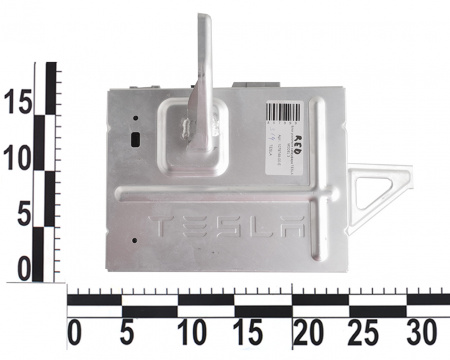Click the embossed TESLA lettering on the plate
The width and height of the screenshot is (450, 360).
click(x=224, y=226)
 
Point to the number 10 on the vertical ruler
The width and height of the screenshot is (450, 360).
click(x=18, y=156)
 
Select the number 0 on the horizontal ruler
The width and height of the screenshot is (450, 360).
click(x=72, y=331)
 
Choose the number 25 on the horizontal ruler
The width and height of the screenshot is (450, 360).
click(x=367, y=331)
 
